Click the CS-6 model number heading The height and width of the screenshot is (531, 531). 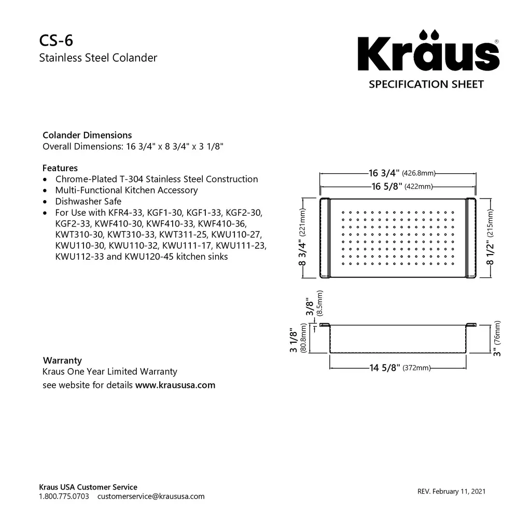[x=52, y=40]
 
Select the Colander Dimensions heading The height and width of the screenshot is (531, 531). [x=87, y=135]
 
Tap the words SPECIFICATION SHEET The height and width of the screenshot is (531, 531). [x=426, y=84]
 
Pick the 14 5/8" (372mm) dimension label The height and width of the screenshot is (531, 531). [x=400, y=368]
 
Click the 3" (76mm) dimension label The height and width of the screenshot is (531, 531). [x=496, y=338]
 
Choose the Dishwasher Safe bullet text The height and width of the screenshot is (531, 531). [x=88, y=201]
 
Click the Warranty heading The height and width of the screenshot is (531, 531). [x=62, y=360]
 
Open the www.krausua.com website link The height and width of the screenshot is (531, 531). [x=175, y=385]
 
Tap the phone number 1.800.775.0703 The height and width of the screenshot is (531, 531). [x=64, y=496]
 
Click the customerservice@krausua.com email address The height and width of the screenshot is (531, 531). [x=151, y=496]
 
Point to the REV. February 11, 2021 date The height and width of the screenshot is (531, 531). [x=451, y=492]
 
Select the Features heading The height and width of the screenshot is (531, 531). [x=60, y=168]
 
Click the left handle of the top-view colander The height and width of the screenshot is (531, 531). [x=325, y=237]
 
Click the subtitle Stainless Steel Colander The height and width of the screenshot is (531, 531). [x=98, y=58]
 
